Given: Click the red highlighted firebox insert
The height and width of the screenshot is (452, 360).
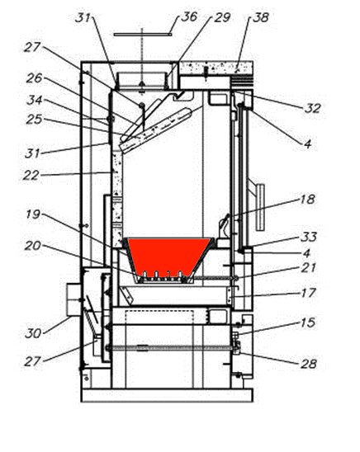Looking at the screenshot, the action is tap(168, 257).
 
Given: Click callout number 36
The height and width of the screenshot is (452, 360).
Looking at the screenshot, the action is tap(189, 16).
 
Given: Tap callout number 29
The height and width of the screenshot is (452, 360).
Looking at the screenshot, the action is tap(222, 17).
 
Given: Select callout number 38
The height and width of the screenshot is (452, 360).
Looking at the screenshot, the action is tap(261, 17).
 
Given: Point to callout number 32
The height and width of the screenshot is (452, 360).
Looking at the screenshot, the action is tap(313, 108).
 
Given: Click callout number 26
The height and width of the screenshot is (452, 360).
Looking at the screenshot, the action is tap(35, 78).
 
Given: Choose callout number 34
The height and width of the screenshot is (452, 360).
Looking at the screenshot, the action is tap(35, 100).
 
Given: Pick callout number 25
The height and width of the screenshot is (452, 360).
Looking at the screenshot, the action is tap(34, 120).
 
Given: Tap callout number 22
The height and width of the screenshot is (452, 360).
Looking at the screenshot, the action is tap(31, 175).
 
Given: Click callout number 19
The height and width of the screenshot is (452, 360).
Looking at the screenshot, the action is tap(33, 214).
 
